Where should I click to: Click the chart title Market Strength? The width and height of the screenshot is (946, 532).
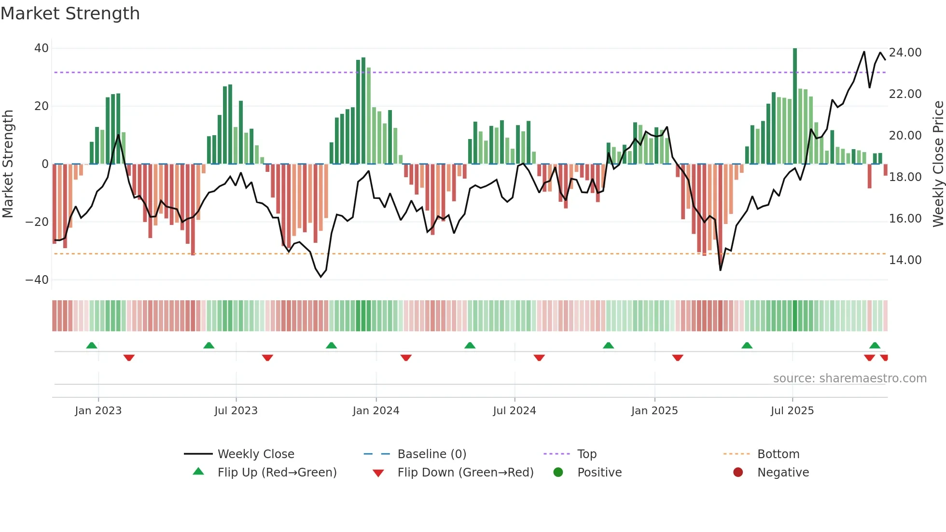70,14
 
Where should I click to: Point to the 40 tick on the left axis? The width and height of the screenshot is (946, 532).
42,48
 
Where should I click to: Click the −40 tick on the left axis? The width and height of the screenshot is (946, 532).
37,280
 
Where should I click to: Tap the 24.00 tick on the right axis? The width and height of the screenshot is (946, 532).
905,53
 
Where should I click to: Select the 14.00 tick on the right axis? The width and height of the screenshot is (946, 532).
905,260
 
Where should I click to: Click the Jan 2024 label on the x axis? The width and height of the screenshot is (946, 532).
376,411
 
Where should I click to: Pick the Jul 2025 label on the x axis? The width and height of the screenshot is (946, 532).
792,411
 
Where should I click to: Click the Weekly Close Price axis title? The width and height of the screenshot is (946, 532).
938,164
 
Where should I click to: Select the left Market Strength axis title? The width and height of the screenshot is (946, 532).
8,164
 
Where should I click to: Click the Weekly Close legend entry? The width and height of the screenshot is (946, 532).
256,454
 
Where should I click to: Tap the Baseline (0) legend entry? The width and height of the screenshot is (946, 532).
431,454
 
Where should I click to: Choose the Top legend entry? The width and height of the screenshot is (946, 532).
587,454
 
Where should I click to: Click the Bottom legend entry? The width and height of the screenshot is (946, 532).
778,454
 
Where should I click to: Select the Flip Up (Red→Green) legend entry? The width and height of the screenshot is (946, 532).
277,473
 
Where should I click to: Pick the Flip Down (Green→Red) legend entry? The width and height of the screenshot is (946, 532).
465,473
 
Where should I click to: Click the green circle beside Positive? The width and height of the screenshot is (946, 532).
558,473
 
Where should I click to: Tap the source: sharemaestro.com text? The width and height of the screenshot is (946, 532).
849,378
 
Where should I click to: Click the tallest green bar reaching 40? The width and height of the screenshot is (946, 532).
795,106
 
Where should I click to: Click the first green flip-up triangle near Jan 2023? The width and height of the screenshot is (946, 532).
92,346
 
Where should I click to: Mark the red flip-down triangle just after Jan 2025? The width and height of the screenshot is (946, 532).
678,358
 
